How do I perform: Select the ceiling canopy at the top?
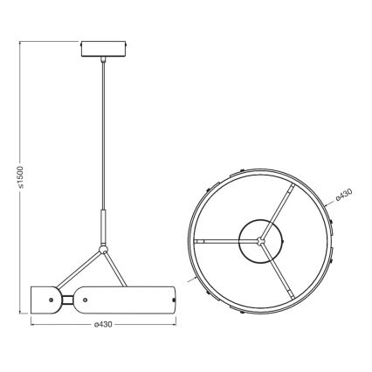(104, 48)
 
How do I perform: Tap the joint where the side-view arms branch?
(104, 252)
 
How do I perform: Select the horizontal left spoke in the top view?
(218, 238)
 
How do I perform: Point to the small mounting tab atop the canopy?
(124, 39)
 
